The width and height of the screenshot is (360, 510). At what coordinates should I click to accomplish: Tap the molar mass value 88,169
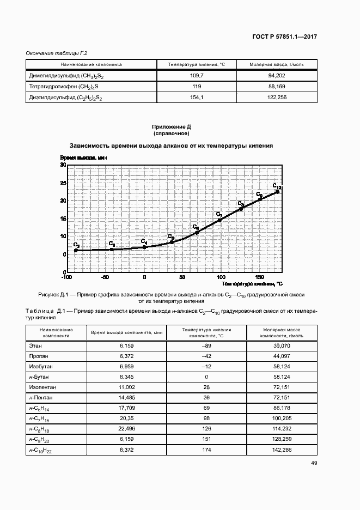click(277, 87)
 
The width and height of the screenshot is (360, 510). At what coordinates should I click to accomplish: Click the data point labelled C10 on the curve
click(278, 191)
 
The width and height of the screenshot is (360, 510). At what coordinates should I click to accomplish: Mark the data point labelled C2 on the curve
click(76, 250)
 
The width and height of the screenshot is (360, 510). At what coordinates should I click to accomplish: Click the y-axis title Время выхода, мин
click(83, 157)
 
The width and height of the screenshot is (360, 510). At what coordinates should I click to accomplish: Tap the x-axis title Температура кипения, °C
click(252, 284)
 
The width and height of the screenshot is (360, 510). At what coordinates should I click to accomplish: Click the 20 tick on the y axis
click(63, 201)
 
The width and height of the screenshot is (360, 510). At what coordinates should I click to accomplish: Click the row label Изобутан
click(39, 366)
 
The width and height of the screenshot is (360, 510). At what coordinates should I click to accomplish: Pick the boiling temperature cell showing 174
click(206, 450)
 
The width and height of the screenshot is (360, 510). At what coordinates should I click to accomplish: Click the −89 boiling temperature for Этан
click(206, 345)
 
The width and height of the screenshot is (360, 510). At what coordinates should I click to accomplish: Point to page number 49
click(314, 463)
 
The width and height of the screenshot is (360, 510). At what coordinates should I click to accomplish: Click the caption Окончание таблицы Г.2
click(57, 53)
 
